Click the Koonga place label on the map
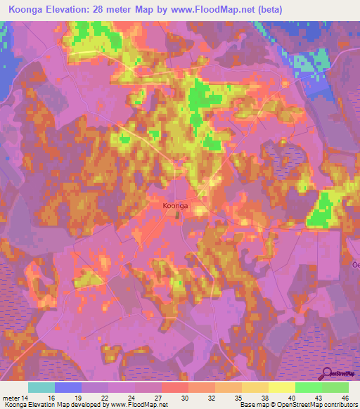175,205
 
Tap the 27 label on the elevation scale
159,397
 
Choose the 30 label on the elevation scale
185,397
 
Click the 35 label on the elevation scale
238,397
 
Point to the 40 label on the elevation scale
291,397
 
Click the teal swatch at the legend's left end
41,387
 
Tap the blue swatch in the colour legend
68,387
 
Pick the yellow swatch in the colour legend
281,387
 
